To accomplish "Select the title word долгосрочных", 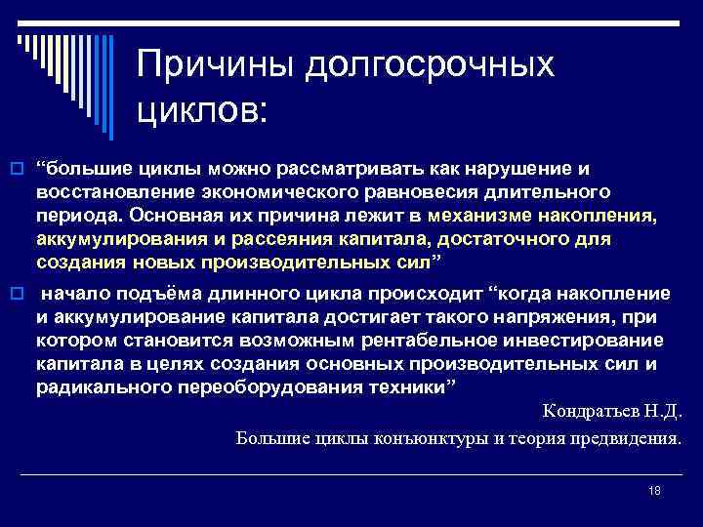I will [x=430, y=66].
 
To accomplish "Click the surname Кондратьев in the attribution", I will [x=588, y=412].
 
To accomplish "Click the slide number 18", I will [x=654, y=491].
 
